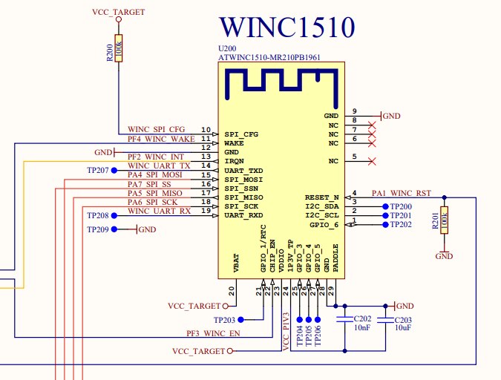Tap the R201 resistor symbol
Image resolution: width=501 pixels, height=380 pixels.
444,220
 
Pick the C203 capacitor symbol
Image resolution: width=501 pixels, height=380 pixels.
385,319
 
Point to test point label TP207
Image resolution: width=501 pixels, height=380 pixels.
97,171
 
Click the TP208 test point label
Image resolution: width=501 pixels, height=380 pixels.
97,216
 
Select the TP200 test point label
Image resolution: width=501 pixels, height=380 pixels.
401,206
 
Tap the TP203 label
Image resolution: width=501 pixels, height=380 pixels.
223,320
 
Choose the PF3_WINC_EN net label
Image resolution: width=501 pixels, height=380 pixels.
212,333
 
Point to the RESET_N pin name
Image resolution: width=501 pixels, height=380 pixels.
322,197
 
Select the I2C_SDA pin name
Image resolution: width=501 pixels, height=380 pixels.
322,206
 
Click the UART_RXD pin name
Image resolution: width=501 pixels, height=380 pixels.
244,215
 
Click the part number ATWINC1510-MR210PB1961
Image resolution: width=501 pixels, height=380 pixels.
276,57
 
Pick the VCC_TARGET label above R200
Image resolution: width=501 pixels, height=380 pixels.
119,13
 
